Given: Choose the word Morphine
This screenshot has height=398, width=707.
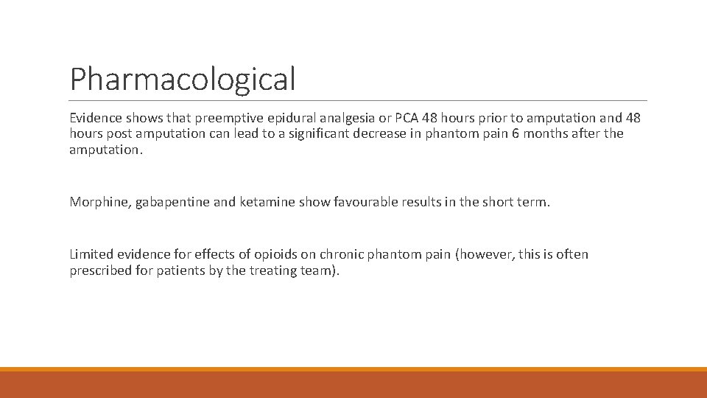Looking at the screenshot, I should point(98,202).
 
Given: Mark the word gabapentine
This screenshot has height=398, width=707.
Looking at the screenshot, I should point(171,202).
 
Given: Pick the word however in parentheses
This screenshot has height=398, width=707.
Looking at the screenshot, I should point(487,254).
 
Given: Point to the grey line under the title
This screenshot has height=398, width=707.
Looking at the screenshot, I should point(358,100).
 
